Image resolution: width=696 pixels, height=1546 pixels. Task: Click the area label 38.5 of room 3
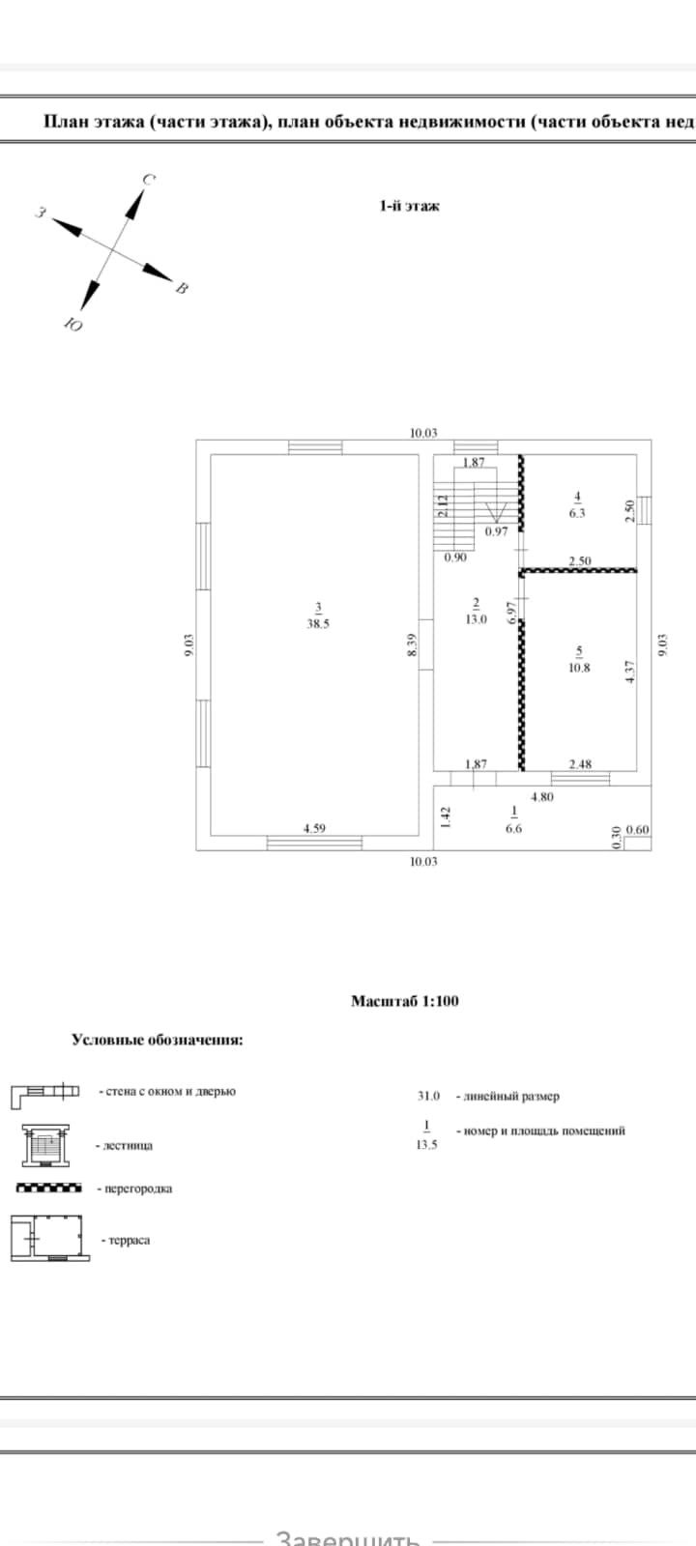point(318,624)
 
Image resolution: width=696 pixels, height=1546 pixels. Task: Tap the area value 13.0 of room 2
point(476,619)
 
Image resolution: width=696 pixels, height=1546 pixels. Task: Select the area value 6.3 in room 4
point(577,514)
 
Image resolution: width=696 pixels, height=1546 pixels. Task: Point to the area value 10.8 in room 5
point(579,668)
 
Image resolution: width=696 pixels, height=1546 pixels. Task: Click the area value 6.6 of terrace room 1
point(513,828)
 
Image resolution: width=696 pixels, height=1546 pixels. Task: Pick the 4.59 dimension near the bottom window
point(314,827)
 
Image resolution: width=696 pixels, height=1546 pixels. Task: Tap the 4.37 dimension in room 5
point(630,672)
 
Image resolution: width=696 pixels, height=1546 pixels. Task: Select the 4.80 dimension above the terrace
point(541,797)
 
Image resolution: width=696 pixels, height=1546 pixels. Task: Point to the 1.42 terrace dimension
point(446,819)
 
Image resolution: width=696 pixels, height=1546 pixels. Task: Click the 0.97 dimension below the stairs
point(496,531)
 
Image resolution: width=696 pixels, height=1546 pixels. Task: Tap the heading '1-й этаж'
point(409,206)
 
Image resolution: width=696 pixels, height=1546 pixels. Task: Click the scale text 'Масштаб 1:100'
point(404,1001)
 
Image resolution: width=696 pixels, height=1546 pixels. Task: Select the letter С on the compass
point(150,180)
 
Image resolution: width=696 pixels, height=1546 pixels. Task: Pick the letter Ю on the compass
point(72,325)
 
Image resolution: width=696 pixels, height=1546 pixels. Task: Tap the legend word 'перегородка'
point(137,1188)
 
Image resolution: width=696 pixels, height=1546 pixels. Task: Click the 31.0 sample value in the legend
point(428,1096)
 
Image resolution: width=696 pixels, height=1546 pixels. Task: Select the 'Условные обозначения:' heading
point(158,1040)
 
